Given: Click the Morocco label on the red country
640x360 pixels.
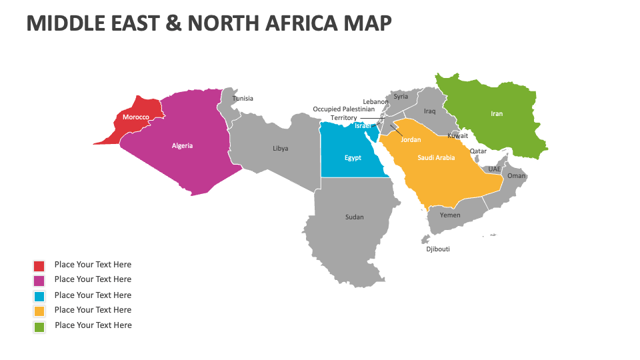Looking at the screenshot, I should pyautogui.click(x=135, y=117).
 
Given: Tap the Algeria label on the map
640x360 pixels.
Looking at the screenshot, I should pyautogui.click(x=182, y=145).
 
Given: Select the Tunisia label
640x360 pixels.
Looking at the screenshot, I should pyautogui.click(x=243, y=99).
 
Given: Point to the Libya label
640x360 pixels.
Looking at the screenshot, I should pyautogui.click(x=281, y=148).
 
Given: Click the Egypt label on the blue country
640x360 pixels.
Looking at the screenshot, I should pyautogui.click(x=353, y=158).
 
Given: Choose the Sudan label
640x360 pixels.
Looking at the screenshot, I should pyautogui.click(x=355, y=217).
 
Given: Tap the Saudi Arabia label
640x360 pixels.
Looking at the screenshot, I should pyautogui.click(x=436, y=158).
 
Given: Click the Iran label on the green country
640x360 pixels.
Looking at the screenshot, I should pyautogui.click(x=497, y=114).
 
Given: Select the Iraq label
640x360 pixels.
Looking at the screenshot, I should pyautogui.click(x=429, y=111).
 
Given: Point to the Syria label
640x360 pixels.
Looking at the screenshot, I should pyautogui.click(x=401, y=96).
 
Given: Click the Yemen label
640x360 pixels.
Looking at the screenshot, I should pyautogui.click(x=450, y=215).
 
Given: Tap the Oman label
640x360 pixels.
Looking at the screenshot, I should pyautogui.click(x=517, y=176).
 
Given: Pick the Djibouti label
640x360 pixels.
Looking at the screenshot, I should pyautogui.click(x=438, y=249).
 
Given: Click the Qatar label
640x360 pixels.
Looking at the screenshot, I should pyautogui.click(x=478, y=151).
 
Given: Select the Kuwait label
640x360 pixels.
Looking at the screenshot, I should pyautogui.click(x=457, y=135).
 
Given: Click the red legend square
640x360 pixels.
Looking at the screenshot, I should pyautogui.click(x=39, y=265).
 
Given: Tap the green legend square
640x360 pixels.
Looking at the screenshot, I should pyautogui.click(x=39, y=326).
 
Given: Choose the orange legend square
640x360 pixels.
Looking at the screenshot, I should pyautogui.click(x=39, y=311).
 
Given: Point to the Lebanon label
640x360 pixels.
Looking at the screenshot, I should pyautogui.click(x=375, y=102).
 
